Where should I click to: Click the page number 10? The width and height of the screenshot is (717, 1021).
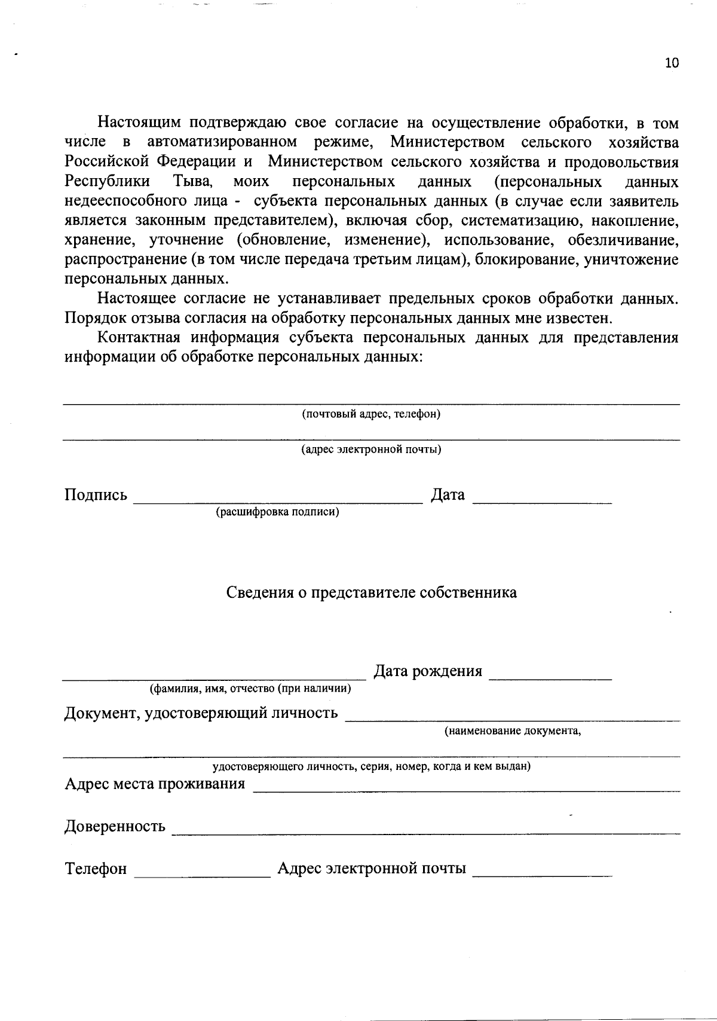click(x=672, y=63)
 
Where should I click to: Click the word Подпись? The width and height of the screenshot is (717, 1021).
click(x=96, y=495)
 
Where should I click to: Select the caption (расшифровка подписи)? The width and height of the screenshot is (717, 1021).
click(x=277, y=512)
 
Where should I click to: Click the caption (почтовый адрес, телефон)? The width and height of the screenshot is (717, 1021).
click(x=371, y=414)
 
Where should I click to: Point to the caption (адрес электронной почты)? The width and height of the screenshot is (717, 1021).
click(x=371, y=449)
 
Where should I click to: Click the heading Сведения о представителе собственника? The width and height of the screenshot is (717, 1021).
click(x=371, y=592)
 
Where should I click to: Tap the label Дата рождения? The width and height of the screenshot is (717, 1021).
click(x=428, y=671)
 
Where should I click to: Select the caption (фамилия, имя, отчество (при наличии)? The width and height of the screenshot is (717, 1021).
click(x=250, y=688)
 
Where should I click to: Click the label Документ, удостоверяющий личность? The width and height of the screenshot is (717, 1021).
click(x=201, y=713)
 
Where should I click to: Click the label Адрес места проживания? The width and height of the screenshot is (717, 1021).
click(x=155, y=784)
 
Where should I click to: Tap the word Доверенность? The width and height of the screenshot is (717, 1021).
click(x=115, y=826)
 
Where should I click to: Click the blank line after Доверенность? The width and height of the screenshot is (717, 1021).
click(x=425, y=832)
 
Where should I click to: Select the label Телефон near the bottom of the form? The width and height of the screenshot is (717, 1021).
click(x=96, y=869)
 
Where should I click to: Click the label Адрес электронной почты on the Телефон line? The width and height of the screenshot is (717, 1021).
click(x=372, y=869)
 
